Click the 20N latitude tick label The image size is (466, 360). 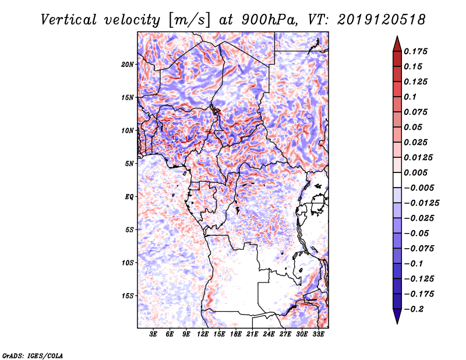(x=128, y=64)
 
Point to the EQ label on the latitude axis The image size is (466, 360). (x=129, y=197)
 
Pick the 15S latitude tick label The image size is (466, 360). (x=128, y=296)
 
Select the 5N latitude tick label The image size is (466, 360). (x=129, y=164)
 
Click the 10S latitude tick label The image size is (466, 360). (x=128, y=263)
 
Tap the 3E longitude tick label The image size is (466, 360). (x=154, y=334)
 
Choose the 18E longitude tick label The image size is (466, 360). (x=236, y=334)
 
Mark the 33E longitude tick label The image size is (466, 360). (x=319, y=334)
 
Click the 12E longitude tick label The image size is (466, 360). (x=203, y=334)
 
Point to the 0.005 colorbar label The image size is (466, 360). (x=418, y=172)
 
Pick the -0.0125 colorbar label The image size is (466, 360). (x=423, y=203)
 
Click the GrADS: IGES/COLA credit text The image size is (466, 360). (x=31, y=355)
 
